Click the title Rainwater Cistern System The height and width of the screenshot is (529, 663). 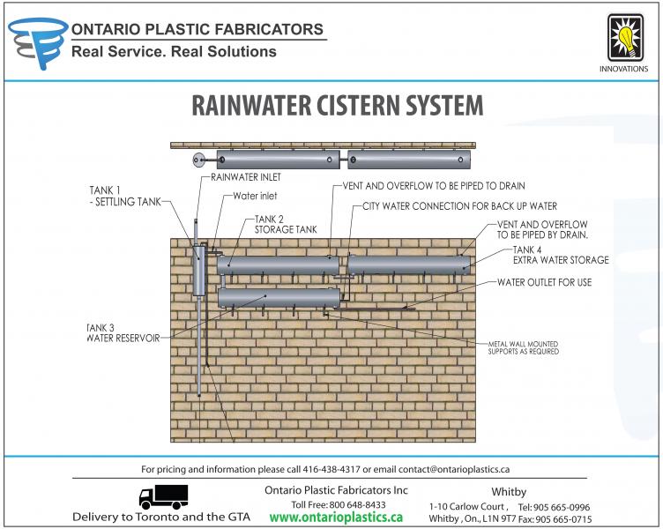338,105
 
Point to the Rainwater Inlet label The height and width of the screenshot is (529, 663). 245,178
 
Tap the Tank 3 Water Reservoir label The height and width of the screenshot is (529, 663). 123,333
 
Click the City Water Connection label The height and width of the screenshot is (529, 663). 459,206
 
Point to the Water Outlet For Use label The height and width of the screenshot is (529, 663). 544,282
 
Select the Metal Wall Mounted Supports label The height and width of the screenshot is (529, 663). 523,346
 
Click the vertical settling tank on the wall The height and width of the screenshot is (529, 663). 198,269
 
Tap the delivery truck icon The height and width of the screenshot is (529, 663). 163,497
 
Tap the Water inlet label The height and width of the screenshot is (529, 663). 257,196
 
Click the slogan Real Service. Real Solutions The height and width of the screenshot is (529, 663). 174,51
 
